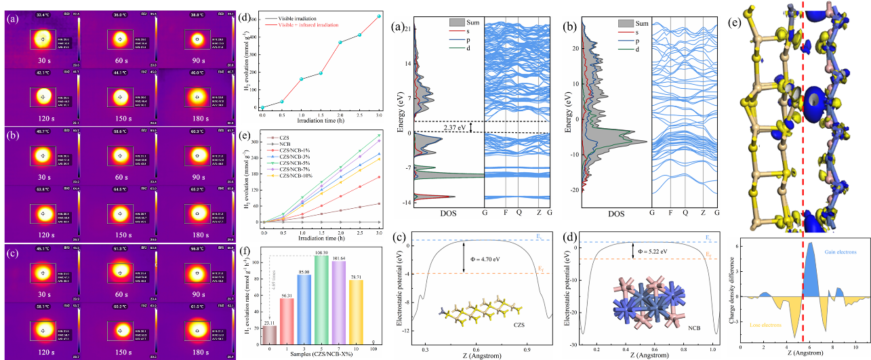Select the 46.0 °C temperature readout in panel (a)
click(x=198, y=72)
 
